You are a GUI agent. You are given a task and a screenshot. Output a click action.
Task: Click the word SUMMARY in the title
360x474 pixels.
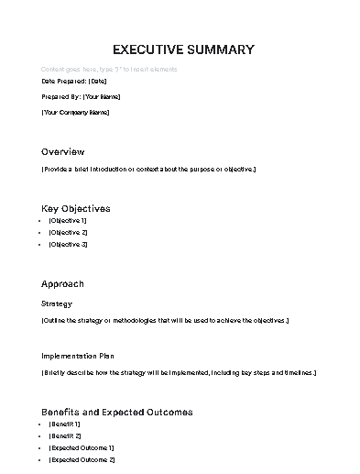218,50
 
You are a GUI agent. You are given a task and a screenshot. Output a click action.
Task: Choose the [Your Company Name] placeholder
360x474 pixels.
75,112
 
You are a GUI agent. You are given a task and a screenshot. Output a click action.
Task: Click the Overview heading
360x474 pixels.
62,151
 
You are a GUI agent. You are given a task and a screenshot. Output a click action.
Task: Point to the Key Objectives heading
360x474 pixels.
75,208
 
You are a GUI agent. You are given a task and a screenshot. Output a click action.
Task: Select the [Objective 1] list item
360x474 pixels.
68,221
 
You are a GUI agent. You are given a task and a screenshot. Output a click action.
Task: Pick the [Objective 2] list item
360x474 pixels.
68,233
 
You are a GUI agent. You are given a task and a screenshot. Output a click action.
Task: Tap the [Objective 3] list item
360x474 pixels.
68,245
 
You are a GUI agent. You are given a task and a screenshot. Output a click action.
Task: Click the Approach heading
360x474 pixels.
62,283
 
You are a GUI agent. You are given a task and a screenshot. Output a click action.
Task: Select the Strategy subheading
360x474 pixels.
57,303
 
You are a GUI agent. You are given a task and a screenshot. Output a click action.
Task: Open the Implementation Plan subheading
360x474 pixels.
77,356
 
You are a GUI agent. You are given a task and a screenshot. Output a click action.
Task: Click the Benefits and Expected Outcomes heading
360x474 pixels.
116,412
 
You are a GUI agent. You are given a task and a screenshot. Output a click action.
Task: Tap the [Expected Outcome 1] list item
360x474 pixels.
82,447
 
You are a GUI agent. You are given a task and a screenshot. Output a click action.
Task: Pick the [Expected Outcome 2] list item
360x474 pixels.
82,459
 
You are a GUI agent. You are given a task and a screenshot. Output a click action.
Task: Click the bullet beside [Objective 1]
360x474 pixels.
43,221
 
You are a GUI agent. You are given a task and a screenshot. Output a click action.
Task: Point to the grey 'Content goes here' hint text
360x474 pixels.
109,70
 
